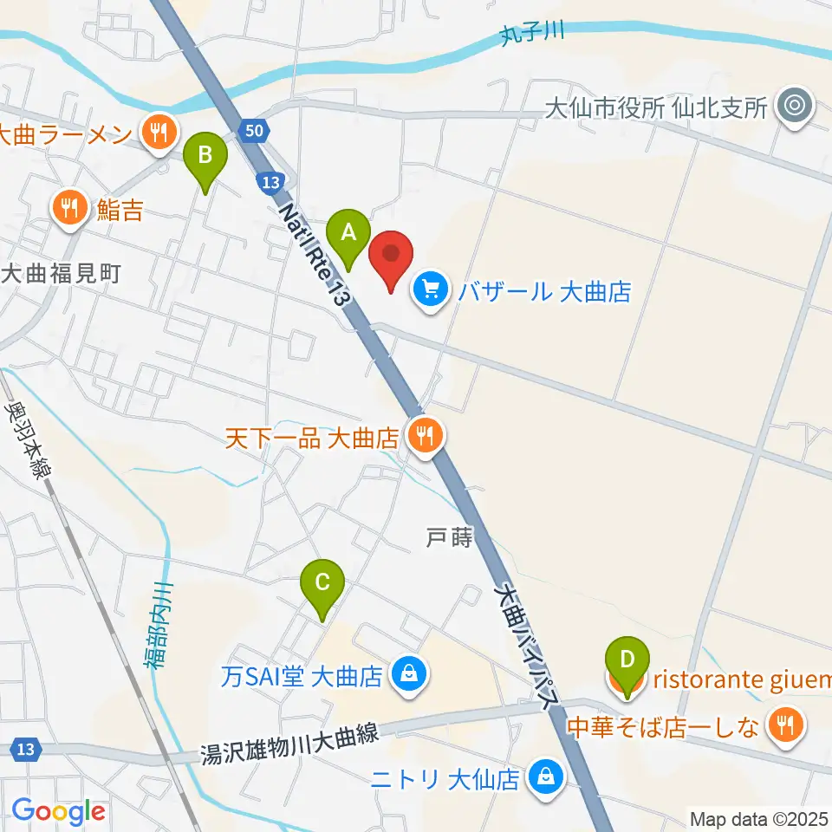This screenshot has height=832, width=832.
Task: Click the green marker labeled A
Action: pos(348,235)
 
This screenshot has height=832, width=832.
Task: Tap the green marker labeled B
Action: pos(205,159)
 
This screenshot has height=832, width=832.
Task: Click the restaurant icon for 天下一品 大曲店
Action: pos(424,436)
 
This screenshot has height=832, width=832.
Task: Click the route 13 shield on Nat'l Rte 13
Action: pos(270,182)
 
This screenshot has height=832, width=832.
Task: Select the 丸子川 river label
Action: pos(531,34)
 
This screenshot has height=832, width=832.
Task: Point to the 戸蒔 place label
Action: pos(449,538)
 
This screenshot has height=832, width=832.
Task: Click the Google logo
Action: pos(58,811)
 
